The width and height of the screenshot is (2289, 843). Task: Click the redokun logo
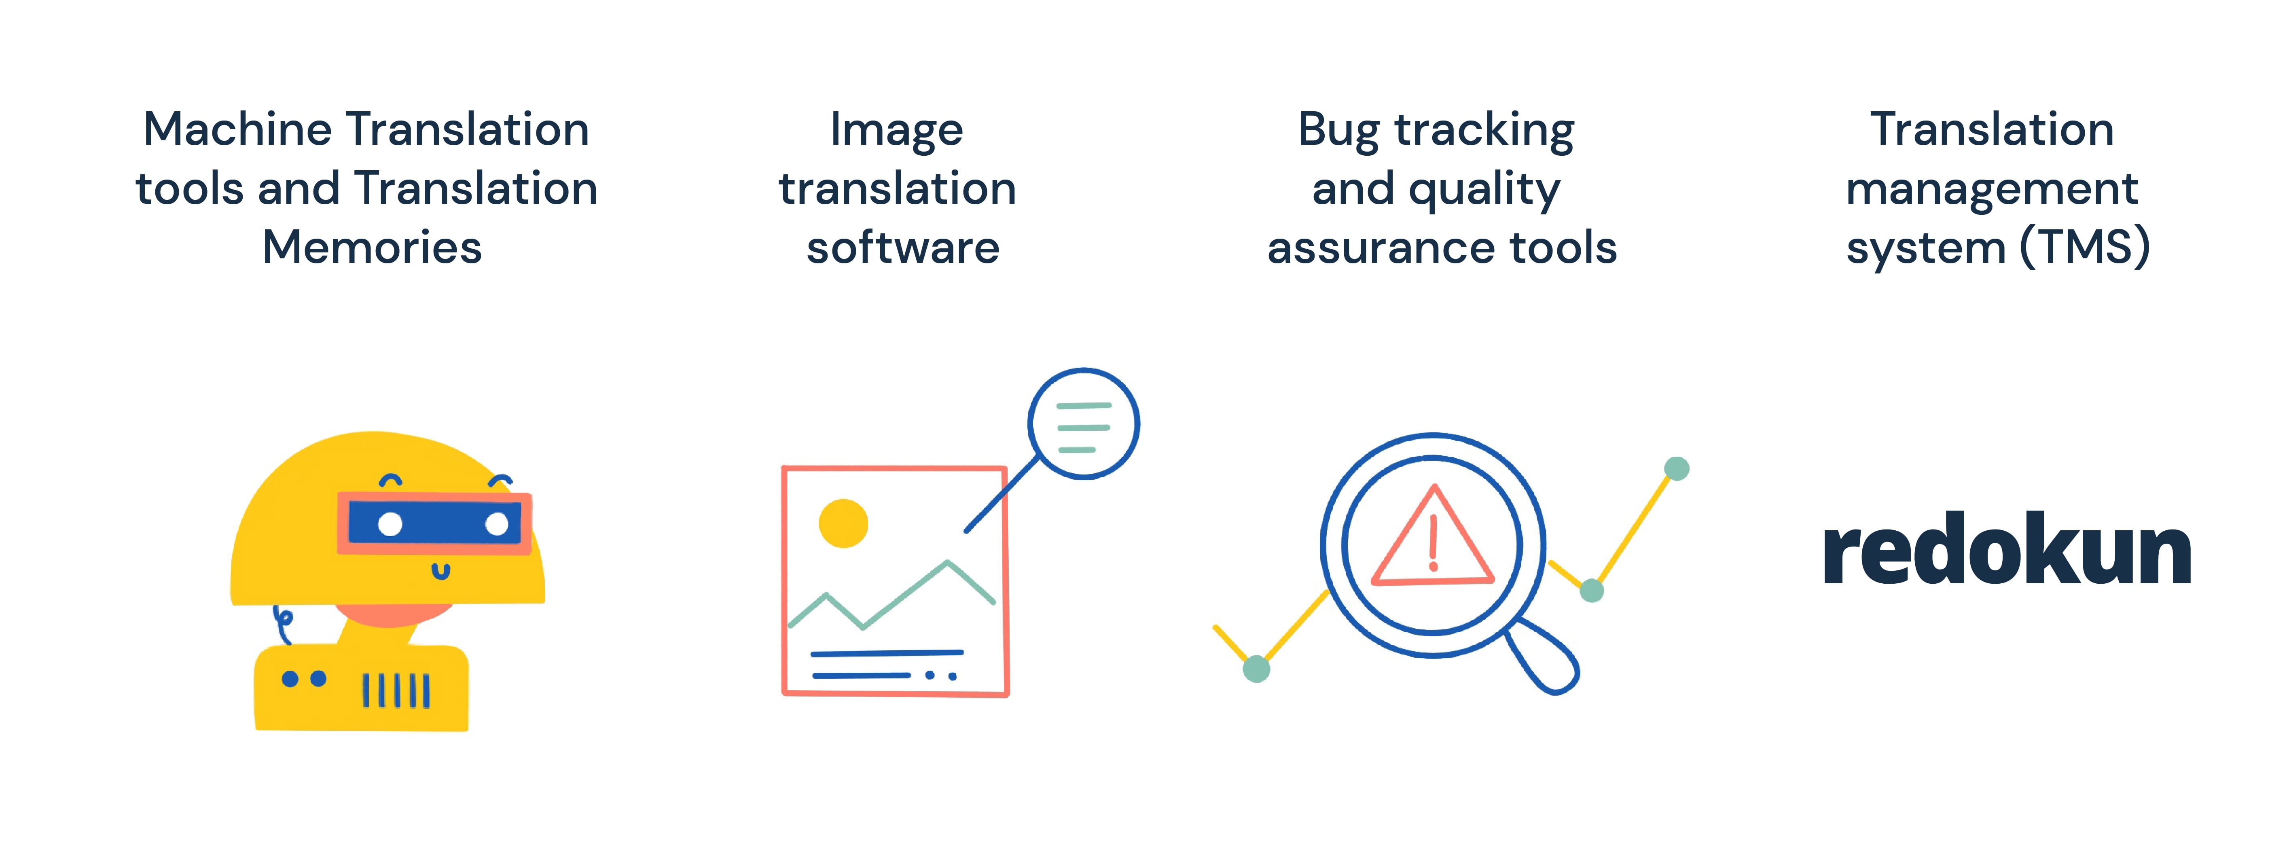click(2006, 551)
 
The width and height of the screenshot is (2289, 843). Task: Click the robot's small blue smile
click(441, 571)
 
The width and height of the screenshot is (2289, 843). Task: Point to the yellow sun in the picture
click(843, 523)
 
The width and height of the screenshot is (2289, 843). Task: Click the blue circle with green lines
click(1083, 424)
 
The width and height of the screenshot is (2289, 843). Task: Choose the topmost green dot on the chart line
click(1676, 468)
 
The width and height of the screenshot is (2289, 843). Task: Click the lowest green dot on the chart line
click(1256, 668)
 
